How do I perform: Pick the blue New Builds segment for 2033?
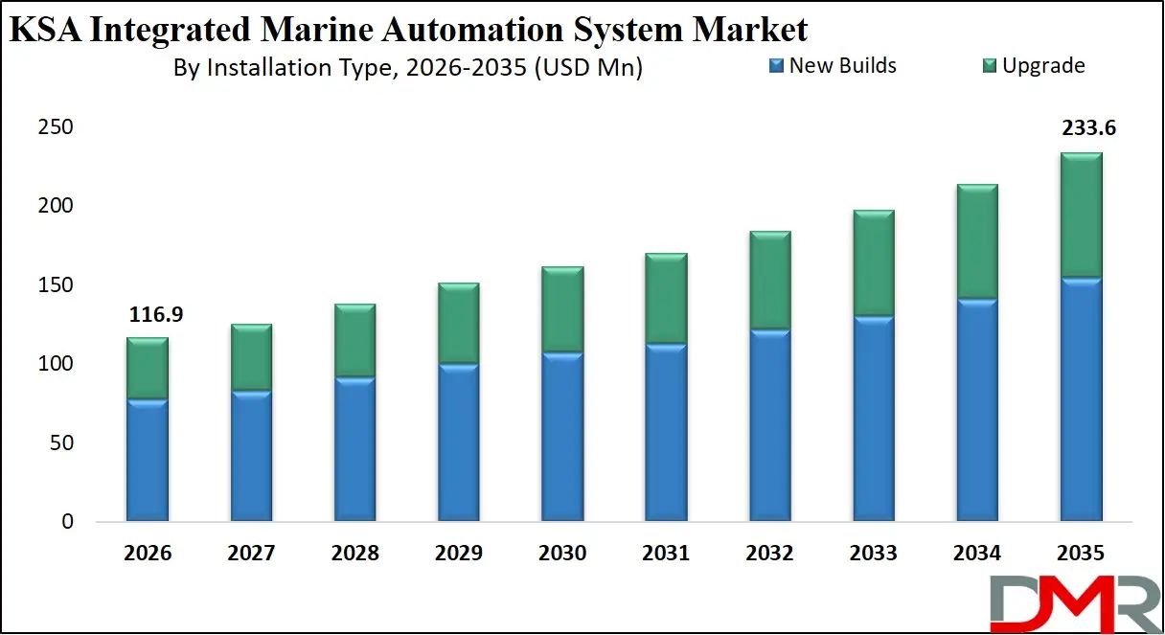coord(874,420)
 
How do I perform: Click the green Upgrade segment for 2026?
coord(147,369)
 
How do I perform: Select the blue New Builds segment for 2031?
coord(666,433)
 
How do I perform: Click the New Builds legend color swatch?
coord(776,66)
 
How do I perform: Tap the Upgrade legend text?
coord(1043,66)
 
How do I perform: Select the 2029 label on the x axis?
coord(458,554)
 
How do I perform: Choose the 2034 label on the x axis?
coord(977,554)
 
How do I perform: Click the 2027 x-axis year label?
coord(251,554)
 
